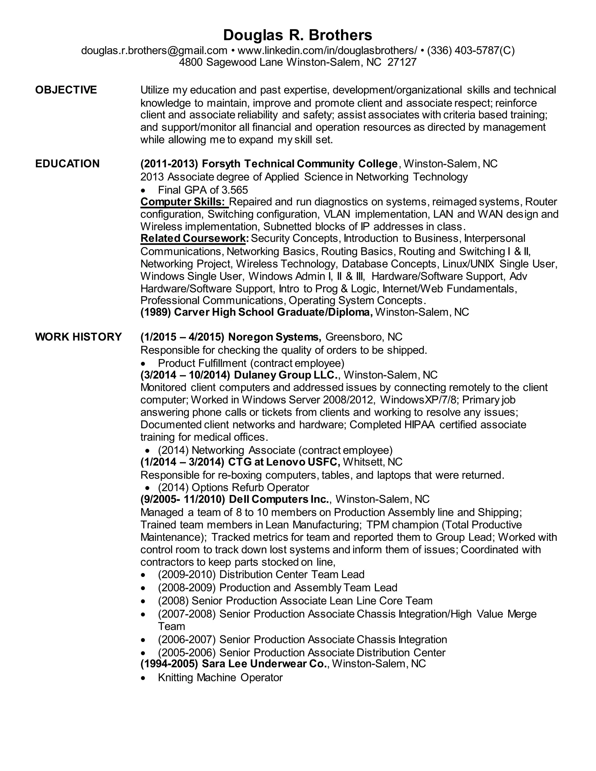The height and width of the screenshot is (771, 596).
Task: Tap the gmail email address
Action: [154, 51]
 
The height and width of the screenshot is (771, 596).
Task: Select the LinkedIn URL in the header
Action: [327, 51]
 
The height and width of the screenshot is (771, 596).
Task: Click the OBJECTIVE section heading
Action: [66, 90]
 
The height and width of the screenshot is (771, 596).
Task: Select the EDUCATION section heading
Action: [67, 164]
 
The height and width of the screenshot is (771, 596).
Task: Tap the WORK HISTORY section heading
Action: [78, 337]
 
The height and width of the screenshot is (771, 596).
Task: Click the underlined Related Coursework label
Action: [193, 238]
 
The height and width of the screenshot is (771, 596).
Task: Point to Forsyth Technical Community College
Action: [299, 164]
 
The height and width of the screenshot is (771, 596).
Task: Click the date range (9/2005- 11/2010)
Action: [182, 499]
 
